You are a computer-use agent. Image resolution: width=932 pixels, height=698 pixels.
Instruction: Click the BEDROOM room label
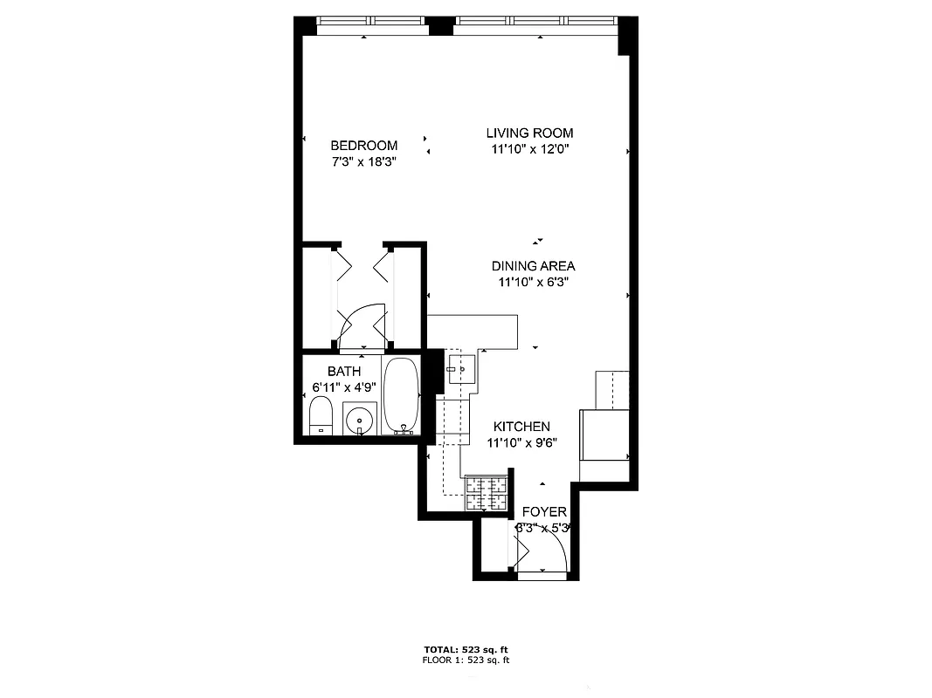pos(363,146)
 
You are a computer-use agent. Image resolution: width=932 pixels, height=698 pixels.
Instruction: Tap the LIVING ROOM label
pos(529,133)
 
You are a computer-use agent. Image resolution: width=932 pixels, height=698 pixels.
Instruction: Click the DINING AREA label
pos(533,266)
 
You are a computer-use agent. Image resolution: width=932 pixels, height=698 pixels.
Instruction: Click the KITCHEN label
pos(521,427)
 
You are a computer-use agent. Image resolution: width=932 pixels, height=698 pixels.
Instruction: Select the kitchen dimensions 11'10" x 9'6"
pos(521,442)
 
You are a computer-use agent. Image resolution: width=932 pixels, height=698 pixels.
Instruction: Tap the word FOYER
pos(544,512)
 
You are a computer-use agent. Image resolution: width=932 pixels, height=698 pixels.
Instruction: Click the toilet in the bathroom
pos(321,415)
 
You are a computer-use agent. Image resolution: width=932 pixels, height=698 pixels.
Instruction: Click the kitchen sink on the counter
pos(459,368)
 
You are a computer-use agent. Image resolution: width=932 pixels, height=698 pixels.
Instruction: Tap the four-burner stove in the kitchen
pos(487,494)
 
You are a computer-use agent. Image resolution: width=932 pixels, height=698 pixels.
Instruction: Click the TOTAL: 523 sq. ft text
pos(466,650)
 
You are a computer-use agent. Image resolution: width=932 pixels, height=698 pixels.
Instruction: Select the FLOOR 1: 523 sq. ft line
pos(466,660)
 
